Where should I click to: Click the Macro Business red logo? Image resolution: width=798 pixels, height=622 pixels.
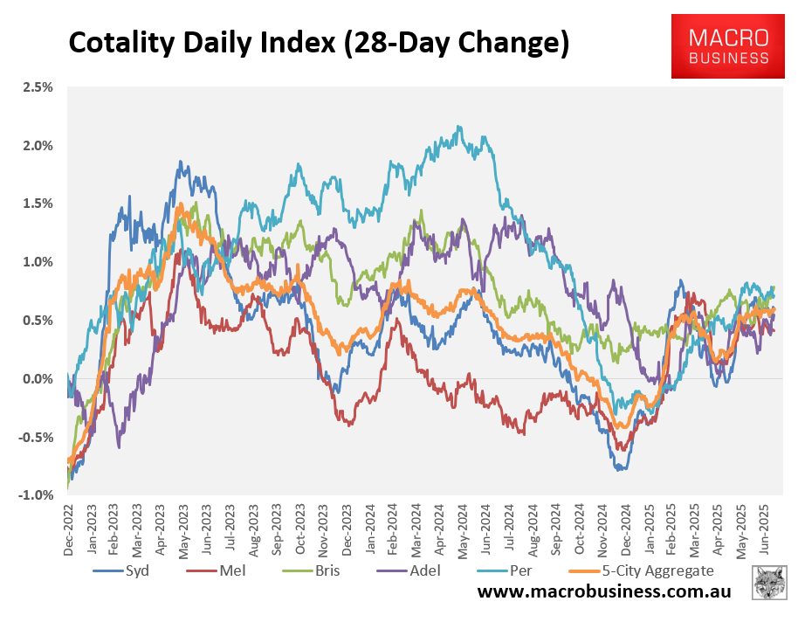729,45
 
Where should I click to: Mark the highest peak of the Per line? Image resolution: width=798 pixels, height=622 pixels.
459,127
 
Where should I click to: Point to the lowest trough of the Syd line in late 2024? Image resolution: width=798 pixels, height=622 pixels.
620,470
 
